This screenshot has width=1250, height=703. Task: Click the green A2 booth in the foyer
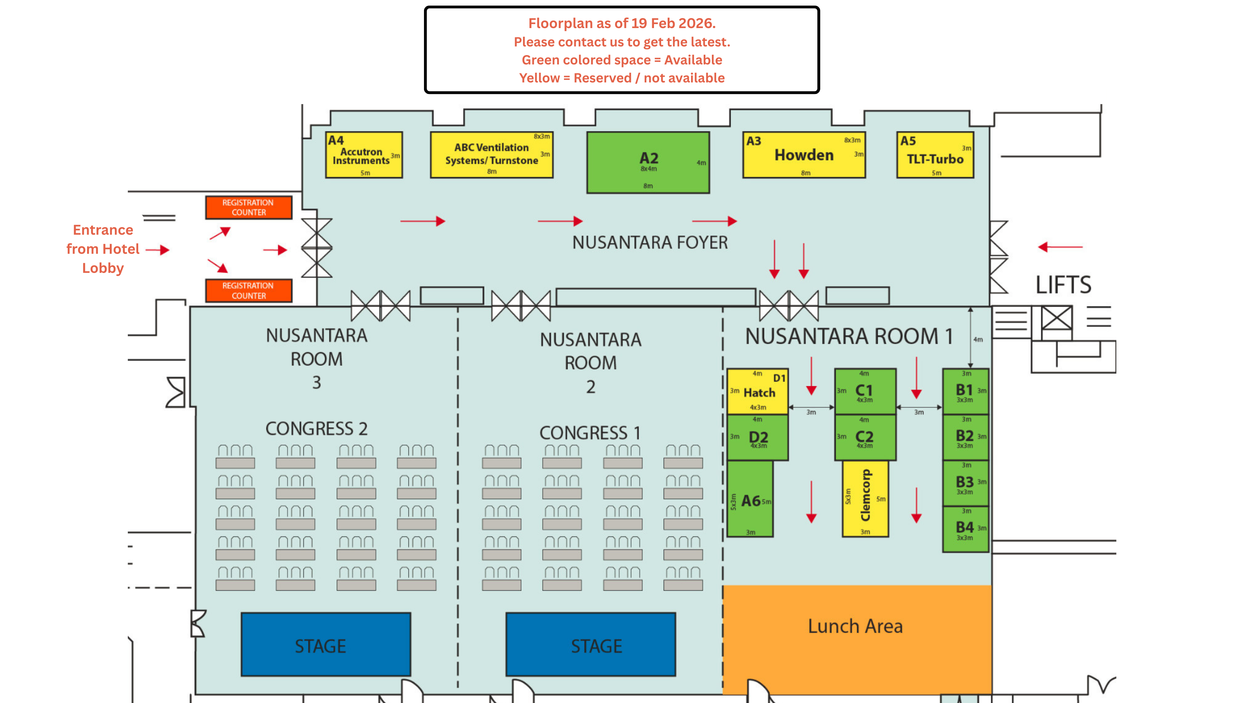(x=648, y=163)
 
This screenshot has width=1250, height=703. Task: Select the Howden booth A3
(x=804, y=155)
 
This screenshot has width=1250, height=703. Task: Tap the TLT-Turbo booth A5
(x=935, y=155)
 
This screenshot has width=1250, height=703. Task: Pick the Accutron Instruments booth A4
(x=364, y=155)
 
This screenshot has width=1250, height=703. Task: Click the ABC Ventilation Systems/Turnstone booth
(x=491, y=155)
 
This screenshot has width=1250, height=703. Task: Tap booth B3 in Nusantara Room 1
(x=965, y=483)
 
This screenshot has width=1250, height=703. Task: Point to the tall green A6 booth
(x=750, y=499)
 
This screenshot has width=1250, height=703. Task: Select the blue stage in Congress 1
(x=591, y=645)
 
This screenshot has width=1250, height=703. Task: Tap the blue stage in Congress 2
(x=326, y=645)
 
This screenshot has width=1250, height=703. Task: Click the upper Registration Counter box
(x=248, y=208)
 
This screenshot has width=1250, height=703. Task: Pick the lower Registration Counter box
(x=248, y=290)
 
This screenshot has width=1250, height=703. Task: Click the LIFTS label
(x=1063, y=285)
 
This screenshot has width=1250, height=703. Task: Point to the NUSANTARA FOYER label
(x=650, y=242)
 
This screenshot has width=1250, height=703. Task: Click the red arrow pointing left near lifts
(x=1060, y=247)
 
